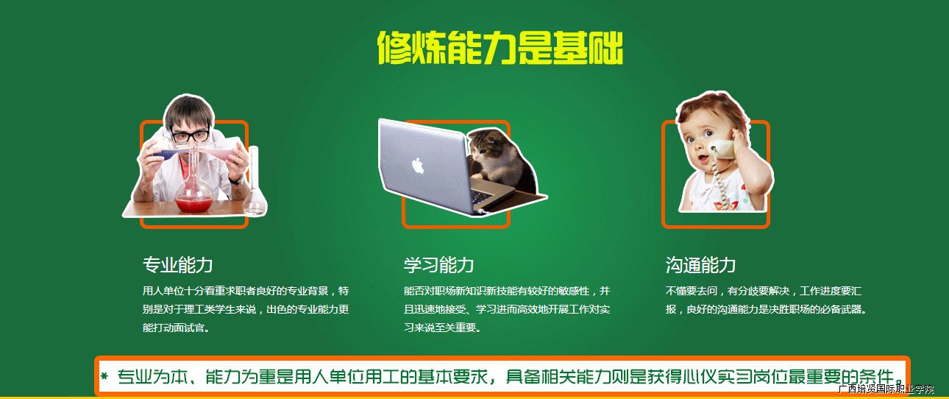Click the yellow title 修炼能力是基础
click(x=500, y=48)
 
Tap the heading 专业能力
click(x=177, y=265)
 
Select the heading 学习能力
click(x=438, y=265)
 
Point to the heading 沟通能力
click(x=700, y=265)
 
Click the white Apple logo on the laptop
click(x=418, y=166)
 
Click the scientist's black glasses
click(x=191, y=136)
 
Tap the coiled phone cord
click(x=719, y=183)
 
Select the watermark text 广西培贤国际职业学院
click(x=886, y=389)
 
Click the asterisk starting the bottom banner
click(x=104, y=376)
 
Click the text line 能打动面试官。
click(x=177, y=328)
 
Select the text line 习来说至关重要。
click(x=442, y=328)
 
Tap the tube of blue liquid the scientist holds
click(x=169, y=152)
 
